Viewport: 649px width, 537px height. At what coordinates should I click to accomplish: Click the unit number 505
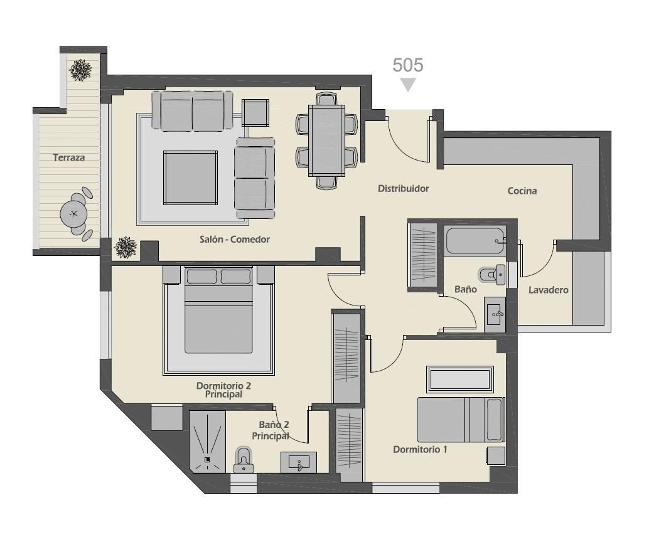pyautogui.click(x=408, y=65)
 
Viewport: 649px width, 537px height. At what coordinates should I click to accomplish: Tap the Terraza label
pyautogui.click(x=69, y=157)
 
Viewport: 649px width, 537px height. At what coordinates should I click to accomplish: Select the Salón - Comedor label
pyautogui.click(x=235, y=239)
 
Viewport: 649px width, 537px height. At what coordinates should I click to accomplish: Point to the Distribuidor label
pyautogui.click(x=403, y=189)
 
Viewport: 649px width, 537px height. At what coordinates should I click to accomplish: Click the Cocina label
pyautogui.click(x=522, y=191)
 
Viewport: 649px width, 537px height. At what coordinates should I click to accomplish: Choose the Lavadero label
pyautogui.click(x=549, y=290)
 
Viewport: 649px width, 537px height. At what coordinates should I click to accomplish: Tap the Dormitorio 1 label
pyautogui.click(x=420, y=449)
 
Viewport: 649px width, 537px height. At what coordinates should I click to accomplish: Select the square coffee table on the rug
pyautogui.click(x=190, y=178)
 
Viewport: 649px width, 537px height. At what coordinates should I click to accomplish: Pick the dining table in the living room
pyautogui.click(x=326, y=141)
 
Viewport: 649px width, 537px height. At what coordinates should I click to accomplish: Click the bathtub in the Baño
pyautogui.click(x=475, y=241)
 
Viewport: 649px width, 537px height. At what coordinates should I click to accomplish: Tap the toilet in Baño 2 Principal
pyautogui.click(x=244, y=459)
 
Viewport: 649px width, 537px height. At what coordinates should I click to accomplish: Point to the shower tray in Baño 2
pyautogui.click(x=207, y=442)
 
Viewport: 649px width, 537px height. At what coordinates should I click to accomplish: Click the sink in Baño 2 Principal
pyautogui.click(x=299, y=462)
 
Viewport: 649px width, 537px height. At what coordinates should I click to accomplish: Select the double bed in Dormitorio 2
pyautogui.click(x=218, y=311)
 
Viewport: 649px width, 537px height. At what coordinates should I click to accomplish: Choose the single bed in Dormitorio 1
pyautogui.click(x=461, y=420)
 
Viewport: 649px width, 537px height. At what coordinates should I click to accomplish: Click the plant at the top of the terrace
pyautogui.click(x=80, y=70)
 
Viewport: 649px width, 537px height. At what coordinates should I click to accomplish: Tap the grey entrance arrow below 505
pyautogui.click(x=408, y=85)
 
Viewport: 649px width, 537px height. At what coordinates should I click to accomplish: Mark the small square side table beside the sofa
pyautogui.click(x=255, y=112)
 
